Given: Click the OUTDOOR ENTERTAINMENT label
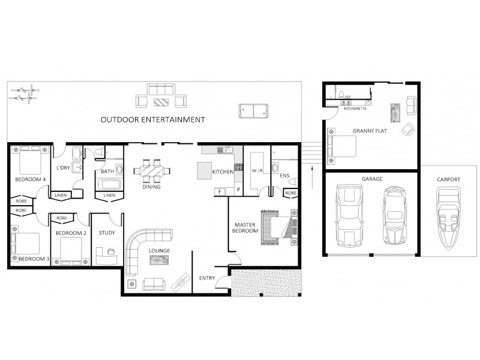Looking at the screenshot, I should pyautogui.click(x=153, y=119).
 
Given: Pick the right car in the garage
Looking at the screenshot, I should pyautogui.click(x=394, y=215).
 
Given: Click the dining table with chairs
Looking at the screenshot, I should pyautogui.click(x=152, y=171).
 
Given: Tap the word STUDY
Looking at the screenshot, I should pyautogui.click(x=107, y=233).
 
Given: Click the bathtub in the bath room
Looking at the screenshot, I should pyautogui.click(x=109, y=184).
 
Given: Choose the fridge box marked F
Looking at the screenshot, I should pyautogui.click(x=220, y=192).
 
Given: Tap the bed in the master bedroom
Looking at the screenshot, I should pyautogui.click(x=277, y=229).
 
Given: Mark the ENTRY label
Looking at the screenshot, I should pyautogui.click(x=208, y=278).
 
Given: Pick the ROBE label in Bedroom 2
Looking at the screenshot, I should pyautogui.click(x=61, y=218).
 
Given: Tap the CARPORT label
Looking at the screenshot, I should pyautogui.click(x=448, y=179).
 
